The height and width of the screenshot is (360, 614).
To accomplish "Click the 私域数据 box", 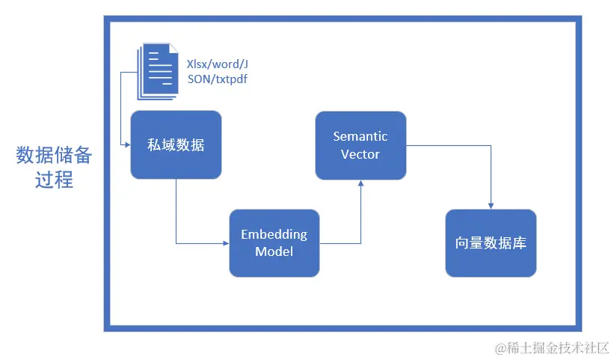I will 176,144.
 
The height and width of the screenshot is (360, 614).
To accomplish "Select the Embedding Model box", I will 274,242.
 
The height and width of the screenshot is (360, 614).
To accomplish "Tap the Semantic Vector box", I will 360,145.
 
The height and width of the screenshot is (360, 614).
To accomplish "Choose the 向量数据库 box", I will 491,242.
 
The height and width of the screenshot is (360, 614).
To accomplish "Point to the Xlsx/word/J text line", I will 217,64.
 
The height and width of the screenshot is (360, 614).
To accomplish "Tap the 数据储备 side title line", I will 54,155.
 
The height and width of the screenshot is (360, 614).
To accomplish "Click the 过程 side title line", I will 54,180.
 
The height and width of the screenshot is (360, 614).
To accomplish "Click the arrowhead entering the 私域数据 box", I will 127,142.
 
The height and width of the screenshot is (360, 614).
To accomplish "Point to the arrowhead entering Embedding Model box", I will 226,242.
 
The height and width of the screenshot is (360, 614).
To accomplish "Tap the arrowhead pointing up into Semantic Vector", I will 361,183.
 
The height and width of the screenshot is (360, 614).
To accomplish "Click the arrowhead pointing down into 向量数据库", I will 491,206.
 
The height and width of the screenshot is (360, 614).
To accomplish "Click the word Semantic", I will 360,137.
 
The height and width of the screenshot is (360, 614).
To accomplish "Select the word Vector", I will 360,154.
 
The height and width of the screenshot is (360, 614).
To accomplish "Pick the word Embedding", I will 274,234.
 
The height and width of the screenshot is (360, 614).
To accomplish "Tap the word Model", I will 274,251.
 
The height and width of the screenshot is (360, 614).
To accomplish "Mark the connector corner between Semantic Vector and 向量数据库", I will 491,145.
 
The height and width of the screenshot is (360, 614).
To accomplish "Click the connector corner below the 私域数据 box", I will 176,242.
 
